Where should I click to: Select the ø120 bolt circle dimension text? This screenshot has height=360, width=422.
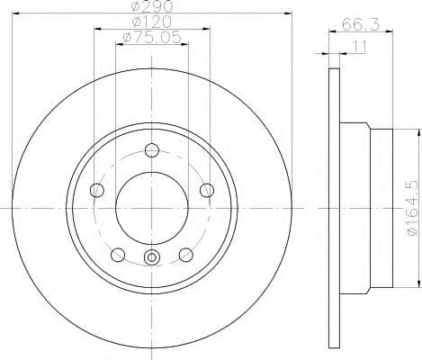(x=150, y=21)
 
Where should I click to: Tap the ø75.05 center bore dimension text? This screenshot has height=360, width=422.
(x=150, y=37)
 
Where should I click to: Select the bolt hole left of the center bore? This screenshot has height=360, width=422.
(x=97, y=189)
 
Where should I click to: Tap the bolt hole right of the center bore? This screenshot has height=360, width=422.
(x=207, y=189)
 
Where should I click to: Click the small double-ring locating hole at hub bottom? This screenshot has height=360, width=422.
(x=152, y=260)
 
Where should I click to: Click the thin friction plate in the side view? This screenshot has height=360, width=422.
(x=333, y=209)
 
